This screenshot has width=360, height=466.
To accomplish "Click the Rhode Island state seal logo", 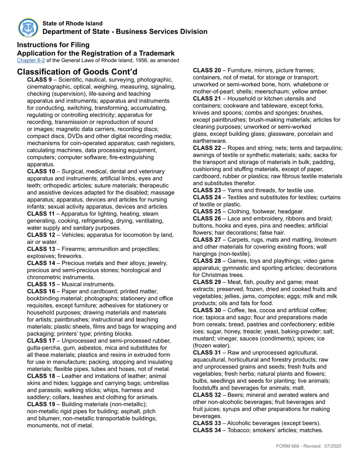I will pyautogui.click(x=28, y=28).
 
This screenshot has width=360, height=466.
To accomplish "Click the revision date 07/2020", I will pyautogui.click(x=332, y=446).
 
